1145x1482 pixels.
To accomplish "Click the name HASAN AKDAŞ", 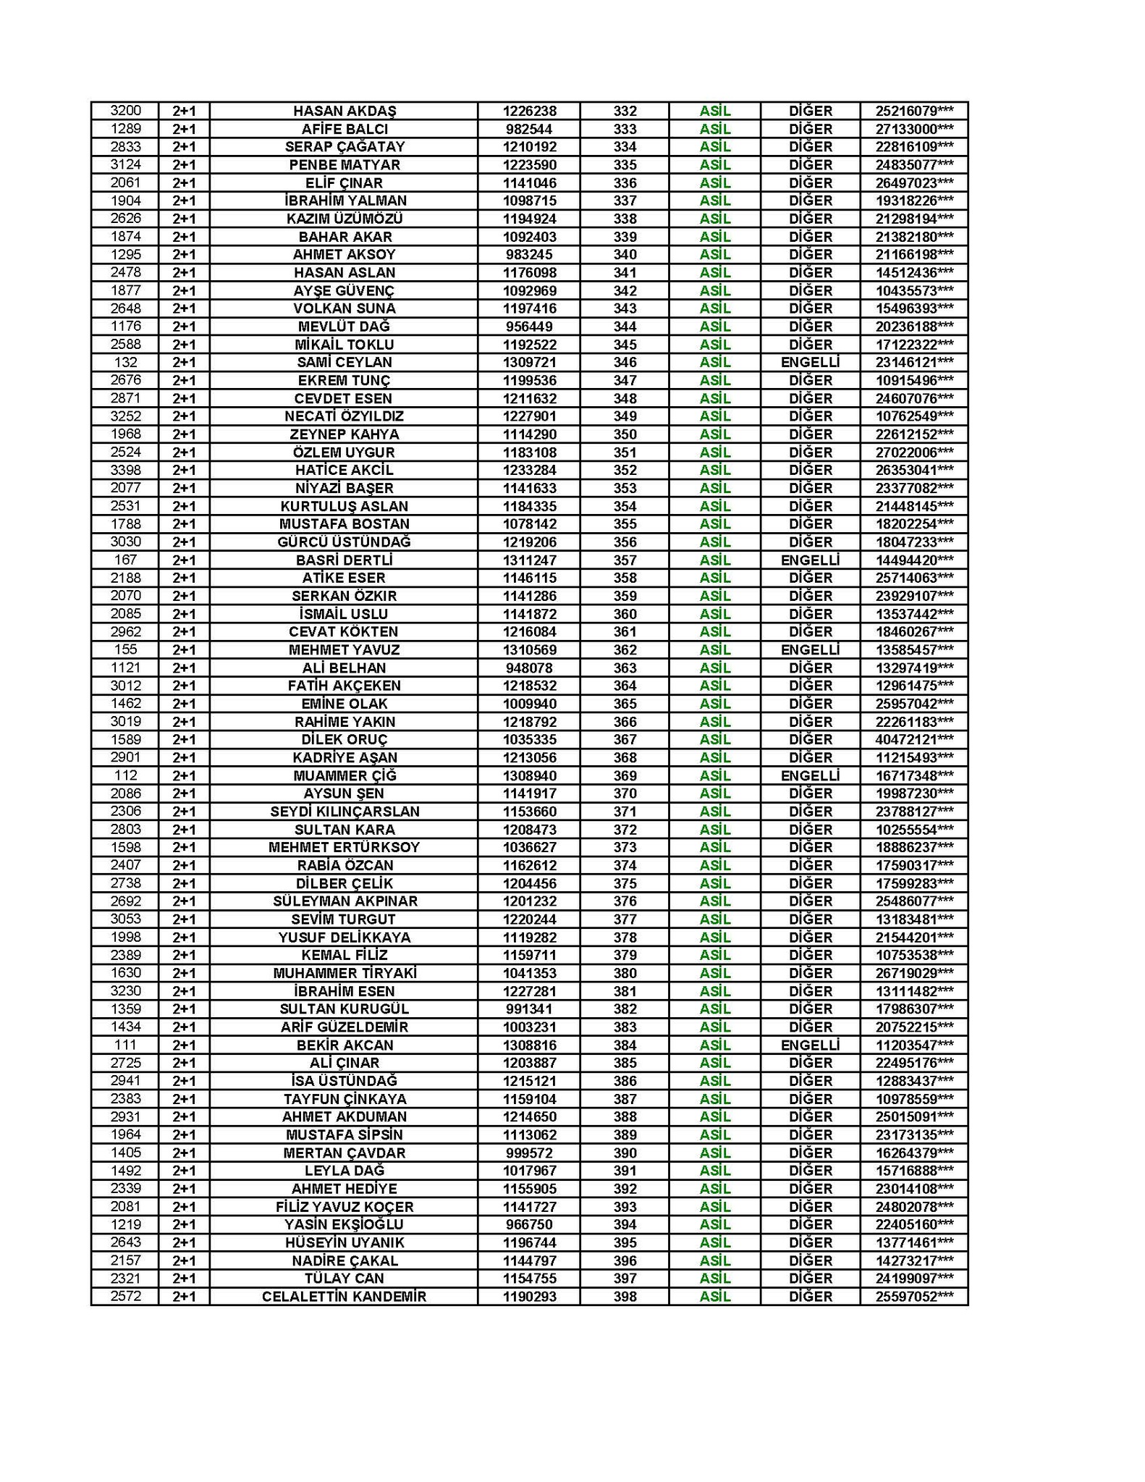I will (x=345, y=111).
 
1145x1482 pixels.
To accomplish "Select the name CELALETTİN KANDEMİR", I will (x=345, y=1297).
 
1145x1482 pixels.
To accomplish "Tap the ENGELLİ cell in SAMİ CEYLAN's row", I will (x=810, y=362).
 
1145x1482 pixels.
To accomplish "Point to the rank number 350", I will (x=625, y=434).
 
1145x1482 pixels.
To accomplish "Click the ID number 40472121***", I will (x=914, y=739).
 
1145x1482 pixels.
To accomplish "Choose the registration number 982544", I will (x=529, y=129).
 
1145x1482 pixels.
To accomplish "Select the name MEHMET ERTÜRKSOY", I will (x=345, y=847).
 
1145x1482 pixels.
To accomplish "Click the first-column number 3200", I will (x=125, y=111).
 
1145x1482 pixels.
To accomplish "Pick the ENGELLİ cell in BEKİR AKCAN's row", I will (x=810, y=1045).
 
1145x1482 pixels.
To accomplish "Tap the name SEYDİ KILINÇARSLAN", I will (x=345, y=812).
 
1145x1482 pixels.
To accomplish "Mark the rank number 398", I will (x=625, y=1297).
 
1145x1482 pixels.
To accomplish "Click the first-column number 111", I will (x=125, y=1045).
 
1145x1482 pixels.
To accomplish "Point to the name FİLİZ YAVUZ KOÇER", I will (x=345, y=1207).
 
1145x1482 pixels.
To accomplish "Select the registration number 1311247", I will (x=529, y=560).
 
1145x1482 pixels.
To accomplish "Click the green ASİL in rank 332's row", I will (x=715, y=111).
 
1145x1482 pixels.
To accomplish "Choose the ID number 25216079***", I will (x=914, y=111).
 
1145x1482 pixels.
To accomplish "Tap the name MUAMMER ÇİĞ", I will (x=345, y=775).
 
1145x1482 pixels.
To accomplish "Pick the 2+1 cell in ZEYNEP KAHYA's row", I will (x=184, y=434).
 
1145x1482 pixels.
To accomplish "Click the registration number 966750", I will (x=529, y=1224).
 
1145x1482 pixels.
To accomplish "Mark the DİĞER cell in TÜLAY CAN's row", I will (x=810, y=1279).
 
